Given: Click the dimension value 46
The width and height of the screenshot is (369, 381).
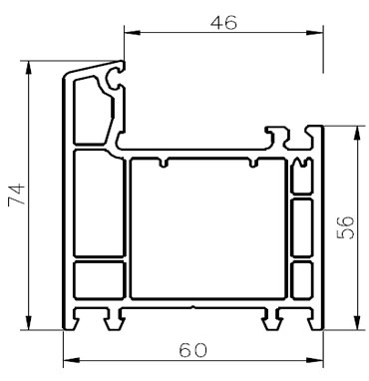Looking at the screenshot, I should pyautogui.click(x=223, y=22).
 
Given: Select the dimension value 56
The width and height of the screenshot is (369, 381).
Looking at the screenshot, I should pyautogui.click(x=345, y=227).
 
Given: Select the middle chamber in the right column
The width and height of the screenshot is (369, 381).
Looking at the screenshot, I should pyautogui.click(x=300, y=226).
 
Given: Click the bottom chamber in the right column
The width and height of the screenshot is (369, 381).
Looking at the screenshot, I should pyautogui.click(x=300, y=278).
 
